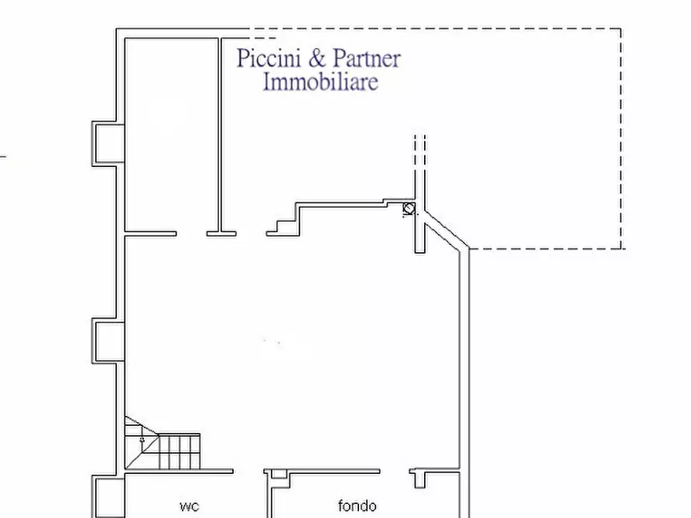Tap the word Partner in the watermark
pos(367,59)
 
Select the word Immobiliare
pos(320,81)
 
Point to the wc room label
pos(189,506)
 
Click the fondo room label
pos(357,506)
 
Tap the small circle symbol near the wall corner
pos(409,208)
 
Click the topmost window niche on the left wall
pos(107,143)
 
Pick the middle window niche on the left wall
pos(108,341)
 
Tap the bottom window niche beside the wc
pos(106,497)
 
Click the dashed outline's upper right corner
pos(621,29)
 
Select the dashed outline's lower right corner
pos(621,248)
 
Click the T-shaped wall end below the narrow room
pos(221,232)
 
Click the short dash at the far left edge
pos(3,156)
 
